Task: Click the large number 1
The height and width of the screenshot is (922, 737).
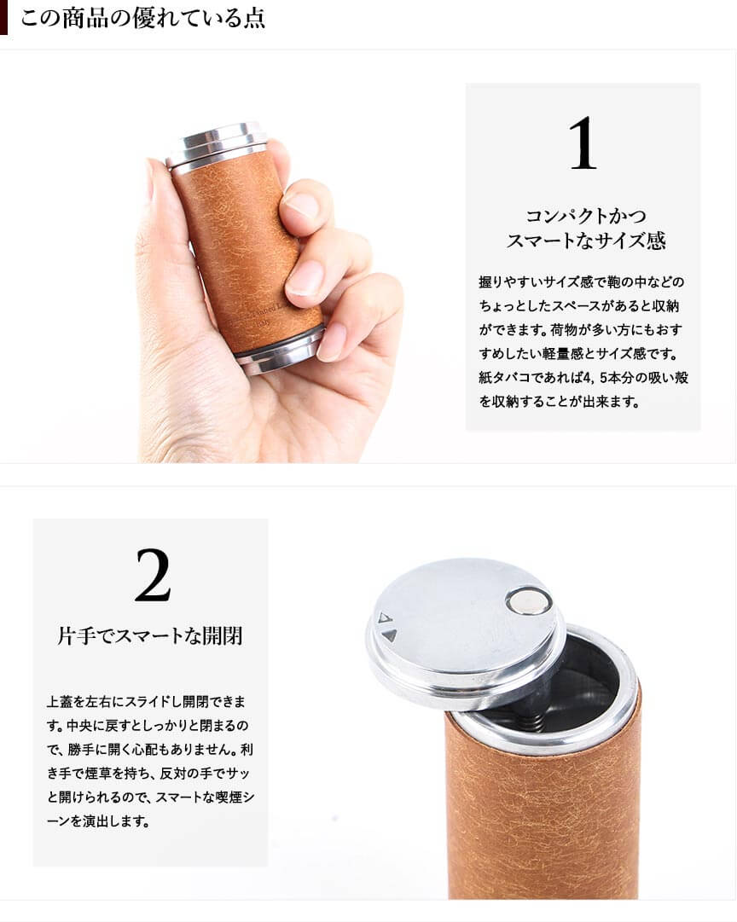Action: click(x=583, y=142)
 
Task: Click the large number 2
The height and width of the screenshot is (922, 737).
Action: click(x=153, y=575)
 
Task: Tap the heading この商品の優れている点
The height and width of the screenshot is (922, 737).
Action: click(x=143, y=18)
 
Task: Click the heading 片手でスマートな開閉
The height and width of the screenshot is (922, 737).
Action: click(x=150, y=635)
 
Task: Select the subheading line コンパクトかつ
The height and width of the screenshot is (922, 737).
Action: click(x=585, y=215)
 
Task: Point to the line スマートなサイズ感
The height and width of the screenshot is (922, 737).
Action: click(x=586, y=240)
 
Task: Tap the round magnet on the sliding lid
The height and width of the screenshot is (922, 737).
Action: click(x=529, y=601)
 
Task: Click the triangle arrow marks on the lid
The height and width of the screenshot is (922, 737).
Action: click(x=387, y=627)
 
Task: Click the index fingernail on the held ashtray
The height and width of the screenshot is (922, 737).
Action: click(x=299, y=206)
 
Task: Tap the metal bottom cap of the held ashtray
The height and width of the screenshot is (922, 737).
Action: click(x=281, y=351)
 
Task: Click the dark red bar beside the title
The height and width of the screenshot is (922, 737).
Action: click(x=3, y=18)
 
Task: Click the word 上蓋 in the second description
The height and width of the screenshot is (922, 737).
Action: click(x=59, y=701)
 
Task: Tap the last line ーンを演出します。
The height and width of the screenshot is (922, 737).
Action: click(x=98, y=821)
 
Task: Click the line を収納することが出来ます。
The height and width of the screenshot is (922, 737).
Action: click(x=560, y=402)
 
